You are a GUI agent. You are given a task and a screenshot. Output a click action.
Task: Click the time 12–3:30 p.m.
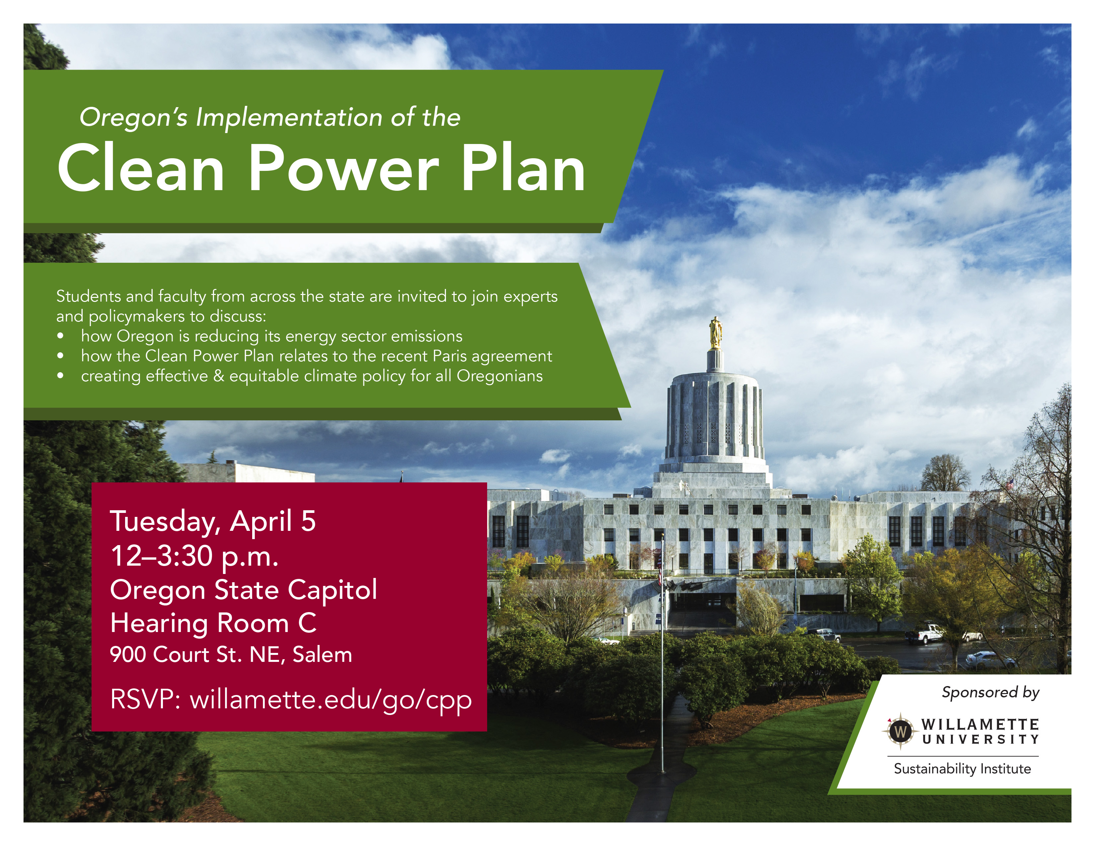pyautogui.click(x=194, y=556)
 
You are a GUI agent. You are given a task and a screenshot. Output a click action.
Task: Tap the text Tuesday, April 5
pyautogui.click(x=213, y=521)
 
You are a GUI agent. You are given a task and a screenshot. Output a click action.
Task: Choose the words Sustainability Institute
pyautogui.click(x=962, y=769)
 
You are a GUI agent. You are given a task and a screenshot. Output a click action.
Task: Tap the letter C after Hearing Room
pyautogui.click(x=307, y=623)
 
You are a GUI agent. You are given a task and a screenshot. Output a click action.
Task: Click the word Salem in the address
pyautogui.click(x=323, y=655)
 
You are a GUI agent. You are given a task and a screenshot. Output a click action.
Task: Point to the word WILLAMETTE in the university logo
pyautogui.click(x=980, y=724)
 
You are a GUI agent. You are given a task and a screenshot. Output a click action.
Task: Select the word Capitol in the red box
pyautogui.click(x=332, y=590)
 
